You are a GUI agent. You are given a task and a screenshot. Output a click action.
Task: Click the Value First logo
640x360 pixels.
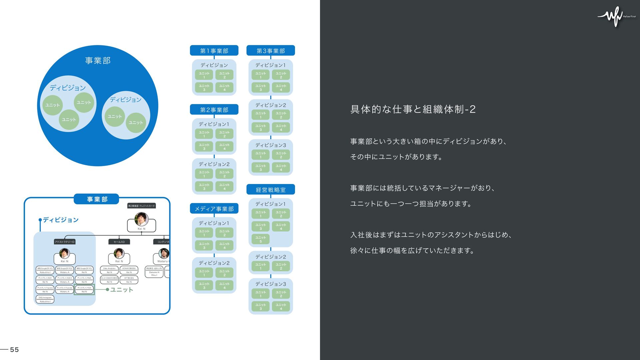(616, 16)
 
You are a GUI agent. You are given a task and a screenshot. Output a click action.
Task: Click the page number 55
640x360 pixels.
(14, 349)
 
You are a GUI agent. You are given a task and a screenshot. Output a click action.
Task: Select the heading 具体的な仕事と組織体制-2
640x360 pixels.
(413, 109)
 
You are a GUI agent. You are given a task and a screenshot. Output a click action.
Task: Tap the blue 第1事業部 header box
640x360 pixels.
(214, 51)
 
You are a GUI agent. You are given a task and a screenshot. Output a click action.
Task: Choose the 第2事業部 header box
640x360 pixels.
(214, 110)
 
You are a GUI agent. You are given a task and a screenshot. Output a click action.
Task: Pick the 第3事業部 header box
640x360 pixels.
(270, 51)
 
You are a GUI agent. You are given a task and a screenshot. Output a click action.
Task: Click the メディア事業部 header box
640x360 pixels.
(214, 209)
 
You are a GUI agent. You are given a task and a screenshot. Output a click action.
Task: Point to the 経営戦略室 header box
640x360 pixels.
(270, 190)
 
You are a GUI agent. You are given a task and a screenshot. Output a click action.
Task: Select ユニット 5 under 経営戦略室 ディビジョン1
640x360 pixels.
(261, 239)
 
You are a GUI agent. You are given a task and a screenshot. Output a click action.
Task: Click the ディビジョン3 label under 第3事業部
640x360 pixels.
(270, 145)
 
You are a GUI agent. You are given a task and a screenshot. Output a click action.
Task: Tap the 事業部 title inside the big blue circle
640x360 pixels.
(98, 60)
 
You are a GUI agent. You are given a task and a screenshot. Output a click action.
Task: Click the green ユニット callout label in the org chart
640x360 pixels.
(122, 290)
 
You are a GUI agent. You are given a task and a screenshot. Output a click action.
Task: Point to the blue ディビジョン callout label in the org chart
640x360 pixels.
(61, 220)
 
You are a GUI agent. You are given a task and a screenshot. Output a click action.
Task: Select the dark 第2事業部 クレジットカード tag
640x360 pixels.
(141, 206)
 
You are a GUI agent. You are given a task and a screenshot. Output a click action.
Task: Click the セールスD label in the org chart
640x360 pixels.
(119, 242)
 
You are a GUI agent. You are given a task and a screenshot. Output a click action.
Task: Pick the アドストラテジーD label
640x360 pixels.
(65, 242)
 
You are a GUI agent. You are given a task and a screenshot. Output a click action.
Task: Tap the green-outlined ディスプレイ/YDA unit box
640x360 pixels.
(84, 289)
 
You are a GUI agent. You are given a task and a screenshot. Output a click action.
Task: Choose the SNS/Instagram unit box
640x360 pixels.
(45, 299)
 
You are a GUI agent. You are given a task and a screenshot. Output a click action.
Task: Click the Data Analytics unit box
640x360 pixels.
(109, 270)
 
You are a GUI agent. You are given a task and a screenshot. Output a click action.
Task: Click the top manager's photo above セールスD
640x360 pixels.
(141, 219)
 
